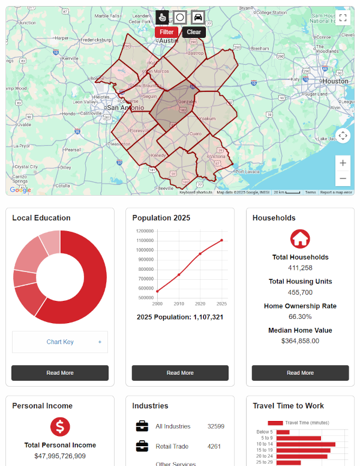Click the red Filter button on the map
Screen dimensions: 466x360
pyautogui.click(x=167, y=32)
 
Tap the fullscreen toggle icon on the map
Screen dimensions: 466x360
pyautogui.click(x=343, y=18)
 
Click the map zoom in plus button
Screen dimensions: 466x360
pyautogui.click(x=343, y=163)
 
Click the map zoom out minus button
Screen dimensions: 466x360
pyautogui.click(x=343, y=178)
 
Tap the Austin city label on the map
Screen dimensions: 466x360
pyautogui.click(x=169, y=41)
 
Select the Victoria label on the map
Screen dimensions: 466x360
pyautogui.click(x=217, y=156)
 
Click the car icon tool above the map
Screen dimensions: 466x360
pyautogui.click(x=197, y=17)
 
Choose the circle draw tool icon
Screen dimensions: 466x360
pyautogui.click(x=179, y=17)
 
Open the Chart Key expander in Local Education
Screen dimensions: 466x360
pyautogui.click(x=60, y=342)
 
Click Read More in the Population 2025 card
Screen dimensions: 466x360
pyautogui.click(x=180, y=373)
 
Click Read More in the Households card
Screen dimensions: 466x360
pyautogui.click(x=300, y=373)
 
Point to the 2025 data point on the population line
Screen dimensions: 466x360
pyautogui.click(x=221, y=240)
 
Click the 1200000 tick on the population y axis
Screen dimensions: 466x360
pyautogui.click(x=145, y=231)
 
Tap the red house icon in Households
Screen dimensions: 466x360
pyautogui.click(x=300, y=238)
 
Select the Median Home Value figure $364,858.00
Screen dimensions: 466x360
pyautogui.click(x=300, y=340)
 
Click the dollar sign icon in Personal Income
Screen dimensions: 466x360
pyautogui.click(x=60, y=427)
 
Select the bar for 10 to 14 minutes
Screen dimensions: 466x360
pyautogui.click(x=305, y=444)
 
